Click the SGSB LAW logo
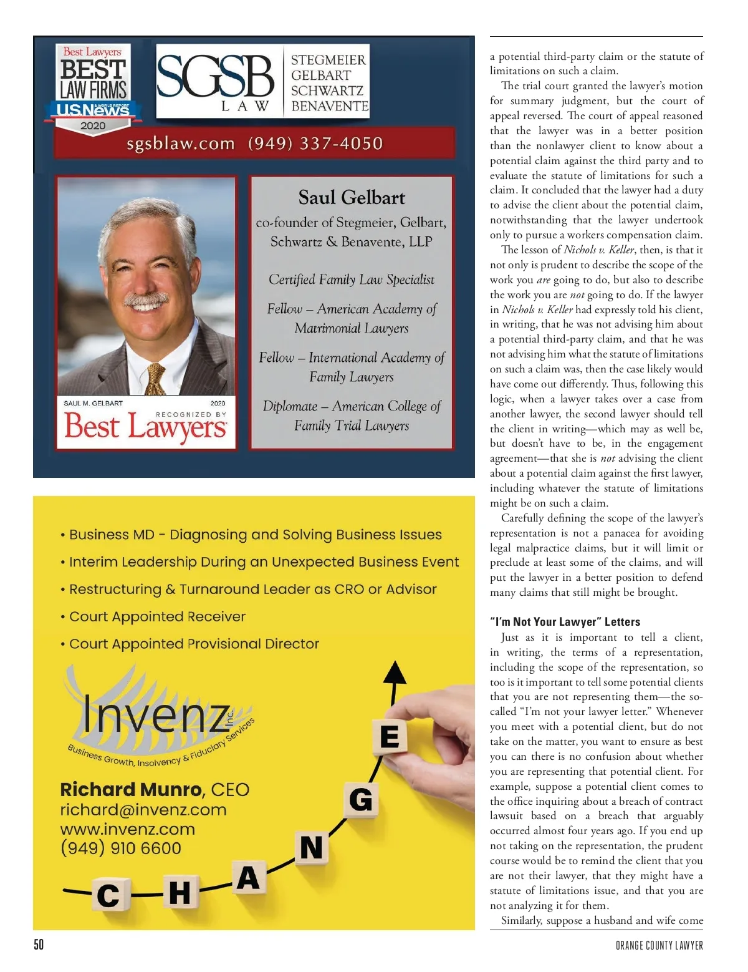coord(215,80)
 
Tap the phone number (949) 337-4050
coord(315,143)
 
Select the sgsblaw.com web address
coord(181,144)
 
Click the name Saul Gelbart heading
coord(352,198)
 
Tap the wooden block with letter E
coord(390,737)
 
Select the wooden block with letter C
coord(108,895)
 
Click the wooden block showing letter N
coord(312,848)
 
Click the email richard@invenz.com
coord(143,810)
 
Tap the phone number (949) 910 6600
coord(121,848)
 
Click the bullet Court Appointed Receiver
coord(157,616)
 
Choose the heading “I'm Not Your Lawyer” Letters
coord(565,622)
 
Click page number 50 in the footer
coord(39,945)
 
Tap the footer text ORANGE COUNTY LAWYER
coord(659,945)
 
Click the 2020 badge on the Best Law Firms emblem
coord(93,125)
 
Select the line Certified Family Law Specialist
coord(352,279)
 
